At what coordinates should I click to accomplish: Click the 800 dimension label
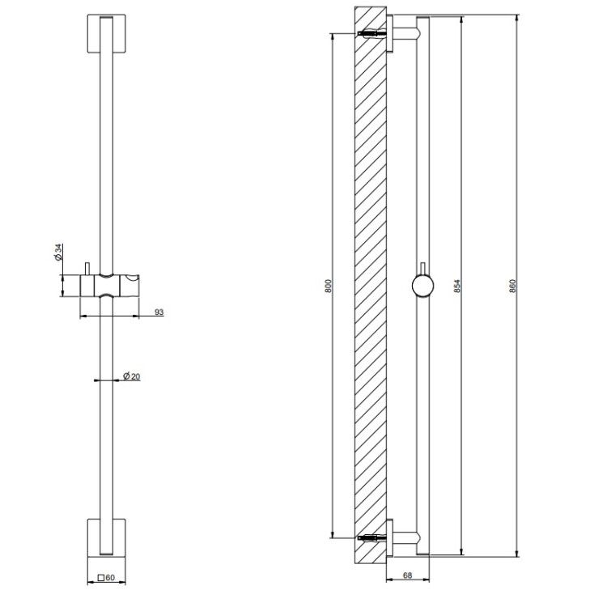(x=329, y=286)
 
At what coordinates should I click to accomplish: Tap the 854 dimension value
(x=457, y=286)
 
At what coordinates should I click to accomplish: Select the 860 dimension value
(x=513, y=286)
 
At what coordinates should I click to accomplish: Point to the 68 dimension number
(x=408, y=575)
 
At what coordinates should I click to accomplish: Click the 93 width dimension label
(x=159, y=312)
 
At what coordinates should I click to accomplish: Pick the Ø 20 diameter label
(x=132, y=376)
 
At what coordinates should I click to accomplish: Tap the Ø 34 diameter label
(x=59, y=252)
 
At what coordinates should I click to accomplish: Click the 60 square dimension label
(x=106, y=578)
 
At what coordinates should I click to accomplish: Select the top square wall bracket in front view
(x=107, y=34)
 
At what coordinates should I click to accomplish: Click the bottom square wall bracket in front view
(x=107, y=537)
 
